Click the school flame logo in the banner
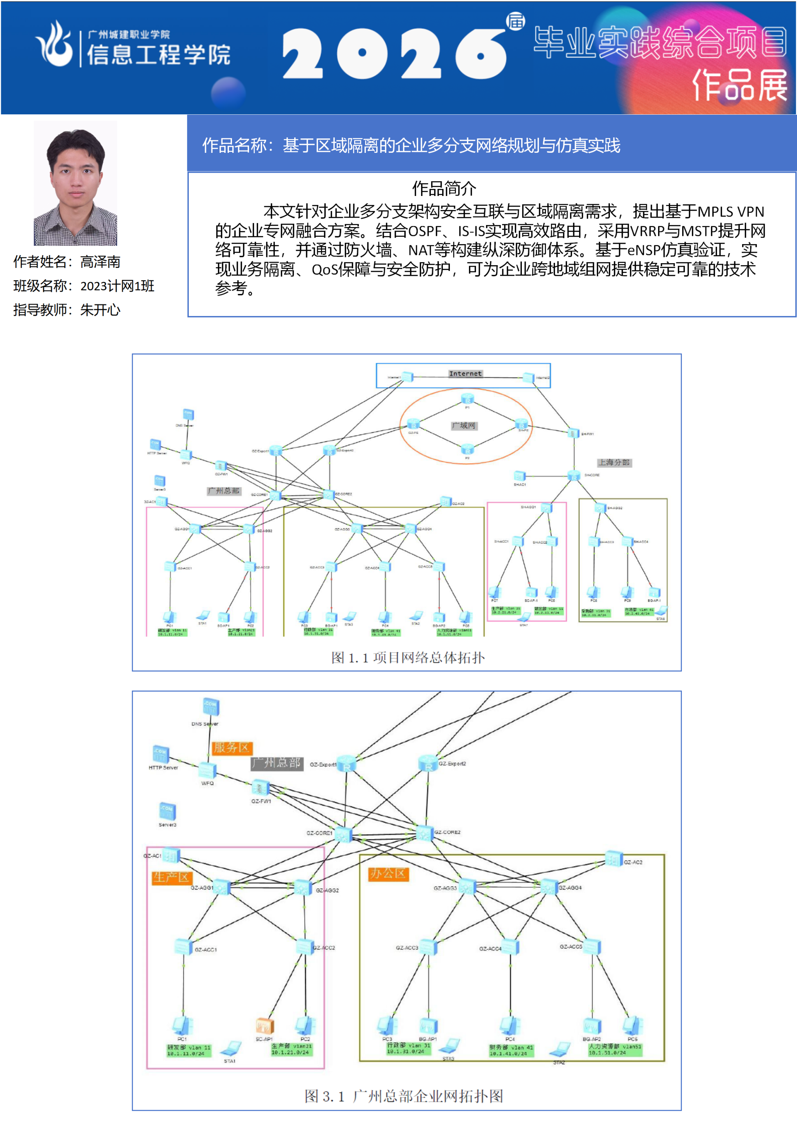tap(54, 44)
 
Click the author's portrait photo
tap(75, 183)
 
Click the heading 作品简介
tap(444, 188)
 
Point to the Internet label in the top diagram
tap(465, 374)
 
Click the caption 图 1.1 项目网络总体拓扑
tap(408, 657)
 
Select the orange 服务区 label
tap(232, 747)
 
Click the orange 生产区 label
tap(171, 878)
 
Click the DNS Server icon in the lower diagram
tap(211, 707)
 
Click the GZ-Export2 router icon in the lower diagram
tap(428, 764)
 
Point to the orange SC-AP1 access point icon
tap(265, 1025)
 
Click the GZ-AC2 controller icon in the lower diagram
tap(613, 859)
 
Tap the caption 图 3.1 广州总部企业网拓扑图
tap(404, 1096)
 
